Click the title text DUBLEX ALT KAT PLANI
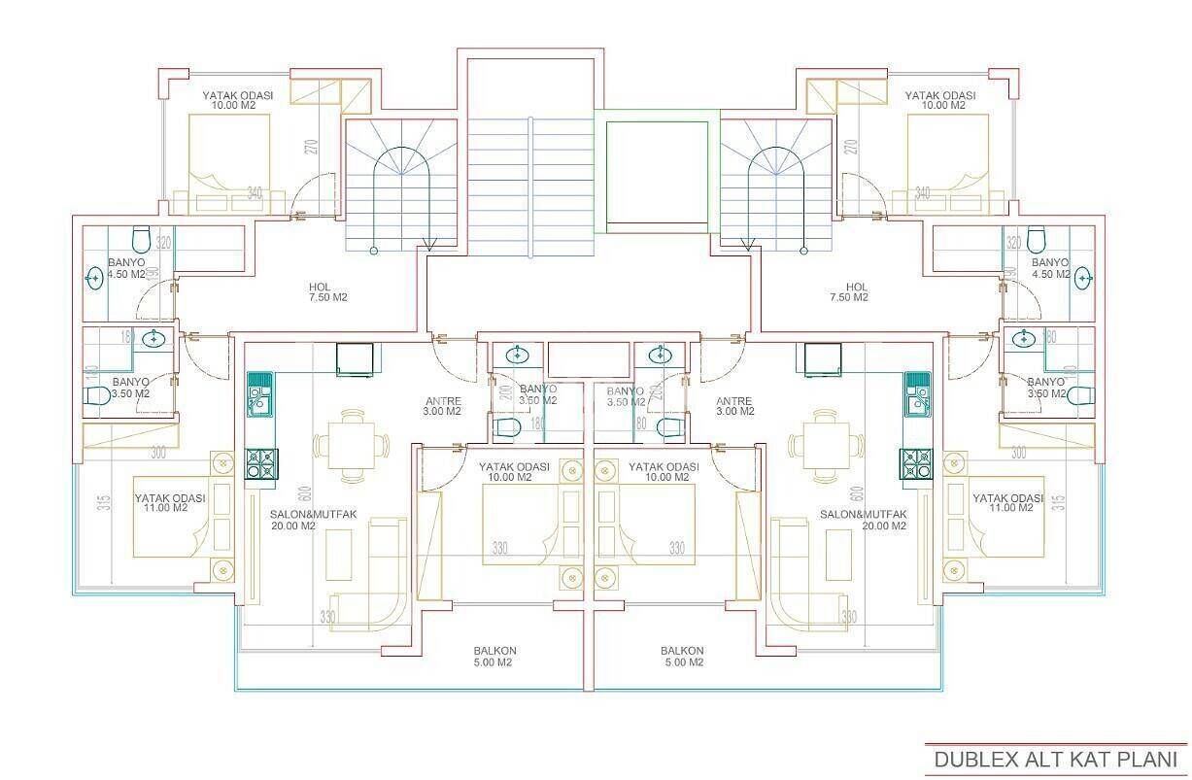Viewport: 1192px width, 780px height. (x=1055, y=759)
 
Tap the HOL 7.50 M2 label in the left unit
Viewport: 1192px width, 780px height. (x=321, y=292)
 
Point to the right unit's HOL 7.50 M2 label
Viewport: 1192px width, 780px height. (x=856, y=292)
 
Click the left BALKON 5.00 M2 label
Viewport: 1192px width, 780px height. (x=494, y=657)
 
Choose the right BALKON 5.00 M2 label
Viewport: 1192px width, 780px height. (x=682, y=657)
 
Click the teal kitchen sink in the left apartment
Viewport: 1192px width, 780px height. (x=259, y=393)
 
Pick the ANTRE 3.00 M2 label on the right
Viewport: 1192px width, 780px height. (x=733, y=406)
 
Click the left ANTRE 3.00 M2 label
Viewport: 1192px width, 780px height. (x=442, y=406)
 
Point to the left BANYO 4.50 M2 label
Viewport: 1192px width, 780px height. (x=125, y=268)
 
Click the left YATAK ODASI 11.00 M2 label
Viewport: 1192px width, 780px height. (x=169, y=502)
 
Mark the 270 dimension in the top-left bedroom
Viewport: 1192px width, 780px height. (x=311, y=148)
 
